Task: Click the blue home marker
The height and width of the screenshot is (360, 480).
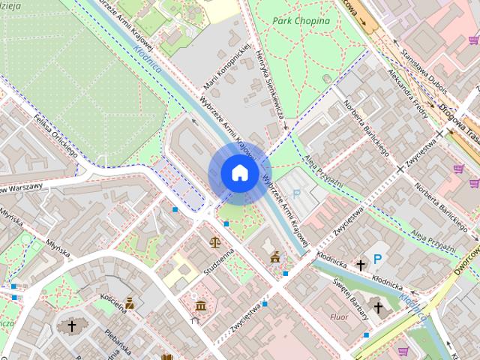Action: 238,173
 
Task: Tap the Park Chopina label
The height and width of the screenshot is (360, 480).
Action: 301,21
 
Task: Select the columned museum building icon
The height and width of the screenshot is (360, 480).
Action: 200,304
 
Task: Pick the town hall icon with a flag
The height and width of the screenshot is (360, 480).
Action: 275,256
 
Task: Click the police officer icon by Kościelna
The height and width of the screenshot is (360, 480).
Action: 130,303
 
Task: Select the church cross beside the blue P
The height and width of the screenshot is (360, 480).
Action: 360,265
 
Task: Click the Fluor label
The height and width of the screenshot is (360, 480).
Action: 339,317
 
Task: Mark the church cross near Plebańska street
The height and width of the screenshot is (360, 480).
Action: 72,326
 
